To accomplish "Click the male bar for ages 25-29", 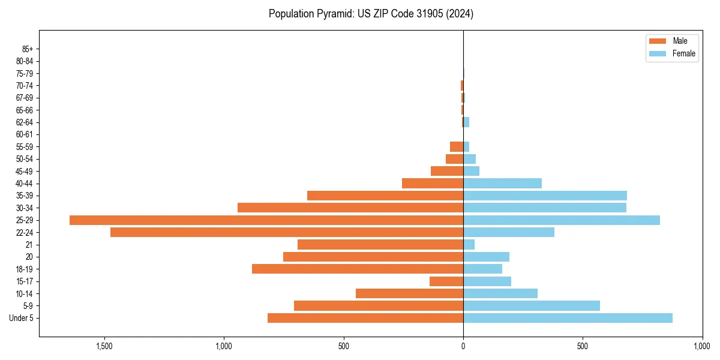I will [266, 220].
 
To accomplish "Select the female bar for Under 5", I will [568, 318].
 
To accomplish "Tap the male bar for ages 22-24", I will [287, 232].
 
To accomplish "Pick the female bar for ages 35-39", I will [545, 196].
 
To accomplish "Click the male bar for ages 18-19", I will [358, 269].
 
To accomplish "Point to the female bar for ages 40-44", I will [502, 184].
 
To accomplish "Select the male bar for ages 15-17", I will [446, 281].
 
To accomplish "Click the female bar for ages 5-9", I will [532, 305].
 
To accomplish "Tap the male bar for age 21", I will [380, 245].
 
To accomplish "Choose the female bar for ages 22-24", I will [509, 232].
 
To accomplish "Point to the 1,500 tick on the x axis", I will [104, 347].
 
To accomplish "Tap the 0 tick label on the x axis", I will [463, 347].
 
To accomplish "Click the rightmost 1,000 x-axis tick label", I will [701, 347].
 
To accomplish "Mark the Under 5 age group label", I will [21, 318].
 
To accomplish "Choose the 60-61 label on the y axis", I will [25, 135].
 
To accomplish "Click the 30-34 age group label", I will [25, 208].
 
